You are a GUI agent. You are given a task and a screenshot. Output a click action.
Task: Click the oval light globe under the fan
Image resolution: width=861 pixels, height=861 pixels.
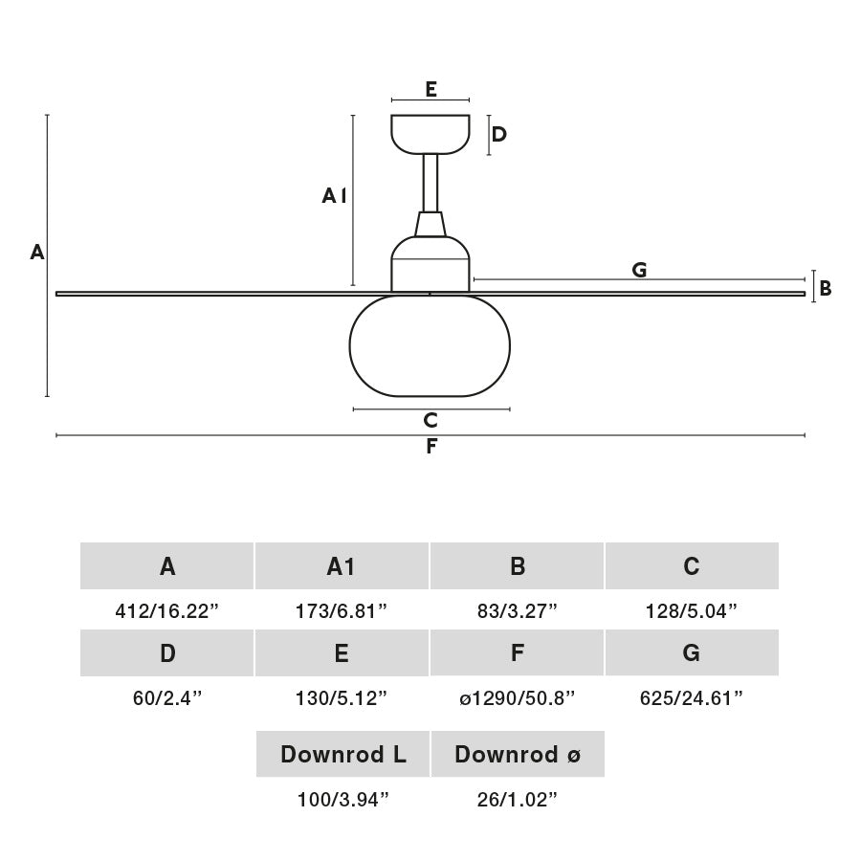430,346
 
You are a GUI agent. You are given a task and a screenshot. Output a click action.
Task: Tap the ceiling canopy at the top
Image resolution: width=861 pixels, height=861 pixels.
430,132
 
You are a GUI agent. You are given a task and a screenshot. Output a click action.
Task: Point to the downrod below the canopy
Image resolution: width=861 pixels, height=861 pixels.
430,182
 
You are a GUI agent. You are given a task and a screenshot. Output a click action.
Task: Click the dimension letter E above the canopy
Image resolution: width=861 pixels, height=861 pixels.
430,90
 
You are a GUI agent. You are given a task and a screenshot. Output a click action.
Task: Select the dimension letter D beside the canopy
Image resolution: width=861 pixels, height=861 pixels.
498,134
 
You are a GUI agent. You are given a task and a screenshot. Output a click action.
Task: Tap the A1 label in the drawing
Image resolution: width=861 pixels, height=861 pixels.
334,196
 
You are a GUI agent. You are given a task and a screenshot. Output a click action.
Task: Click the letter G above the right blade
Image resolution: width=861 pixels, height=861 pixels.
639,270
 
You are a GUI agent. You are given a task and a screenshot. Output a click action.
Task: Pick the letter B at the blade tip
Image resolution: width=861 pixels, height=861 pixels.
826,288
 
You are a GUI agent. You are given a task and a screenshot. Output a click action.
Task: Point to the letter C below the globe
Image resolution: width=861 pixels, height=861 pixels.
430,420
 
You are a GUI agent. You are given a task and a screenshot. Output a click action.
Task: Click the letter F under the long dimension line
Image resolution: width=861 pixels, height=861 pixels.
431,447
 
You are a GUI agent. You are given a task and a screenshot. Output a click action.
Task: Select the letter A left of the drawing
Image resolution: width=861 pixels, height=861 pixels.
37,253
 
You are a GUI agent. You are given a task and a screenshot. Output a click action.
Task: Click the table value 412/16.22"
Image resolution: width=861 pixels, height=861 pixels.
167,611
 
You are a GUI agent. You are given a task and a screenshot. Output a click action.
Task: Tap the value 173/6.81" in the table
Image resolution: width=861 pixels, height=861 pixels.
342,611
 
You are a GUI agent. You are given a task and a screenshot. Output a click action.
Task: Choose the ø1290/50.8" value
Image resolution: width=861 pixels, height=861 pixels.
517,698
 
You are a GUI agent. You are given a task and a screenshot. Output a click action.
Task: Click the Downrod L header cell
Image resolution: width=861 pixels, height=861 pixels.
342,755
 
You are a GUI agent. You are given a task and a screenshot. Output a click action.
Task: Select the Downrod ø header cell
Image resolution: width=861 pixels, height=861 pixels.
518,755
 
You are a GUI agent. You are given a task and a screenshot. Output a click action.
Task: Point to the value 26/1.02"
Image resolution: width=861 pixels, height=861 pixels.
517,800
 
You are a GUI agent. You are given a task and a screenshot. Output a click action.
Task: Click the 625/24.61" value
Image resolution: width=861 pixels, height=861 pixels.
692,698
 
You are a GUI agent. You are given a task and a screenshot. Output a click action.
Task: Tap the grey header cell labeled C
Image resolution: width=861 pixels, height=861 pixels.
692,566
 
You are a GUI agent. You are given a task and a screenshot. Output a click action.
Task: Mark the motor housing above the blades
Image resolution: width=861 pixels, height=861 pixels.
430,266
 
